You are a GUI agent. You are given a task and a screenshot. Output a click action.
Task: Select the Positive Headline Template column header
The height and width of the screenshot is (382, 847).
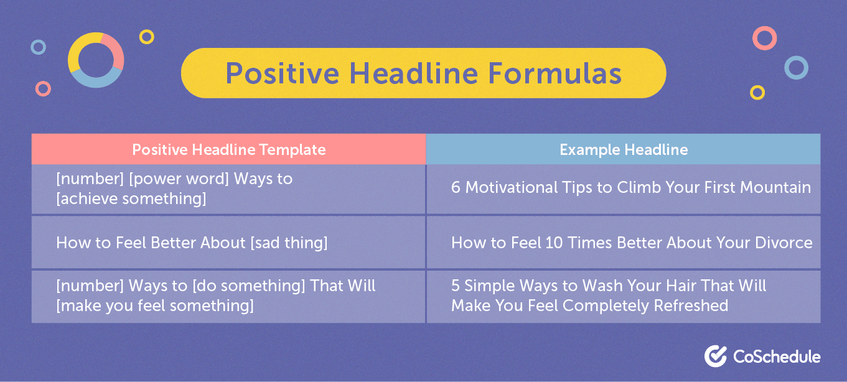coord(228,149)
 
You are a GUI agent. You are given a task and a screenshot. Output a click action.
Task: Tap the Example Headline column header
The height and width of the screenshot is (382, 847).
coord(624,149)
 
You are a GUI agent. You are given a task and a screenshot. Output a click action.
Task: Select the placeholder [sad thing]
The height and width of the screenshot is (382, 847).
coord(289,243)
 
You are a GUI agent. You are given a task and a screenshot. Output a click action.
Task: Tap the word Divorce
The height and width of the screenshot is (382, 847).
coord(785,243)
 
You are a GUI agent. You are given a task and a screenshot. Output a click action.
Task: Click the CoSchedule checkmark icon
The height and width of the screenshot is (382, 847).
coord(716,356)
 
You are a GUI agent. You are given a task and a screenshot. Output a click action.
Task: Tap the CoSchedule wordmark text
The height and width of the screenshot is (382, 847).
coord(776,356)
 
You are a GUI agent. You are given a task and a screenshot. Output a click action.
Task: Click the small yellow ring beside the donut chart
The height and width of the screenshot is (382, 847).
coord(146,37)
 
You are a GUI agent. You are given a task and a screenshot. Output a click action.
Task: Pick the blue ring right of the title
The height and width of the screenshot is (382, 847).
coord(795,67)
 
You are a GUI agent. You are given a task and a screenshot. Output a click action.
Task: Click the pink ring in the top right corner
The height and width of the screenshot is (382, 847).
coord(764,38)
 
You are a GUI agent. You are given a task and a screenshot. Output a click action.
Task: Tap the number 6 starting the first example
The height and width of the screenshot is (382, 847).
coord(456,187)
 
